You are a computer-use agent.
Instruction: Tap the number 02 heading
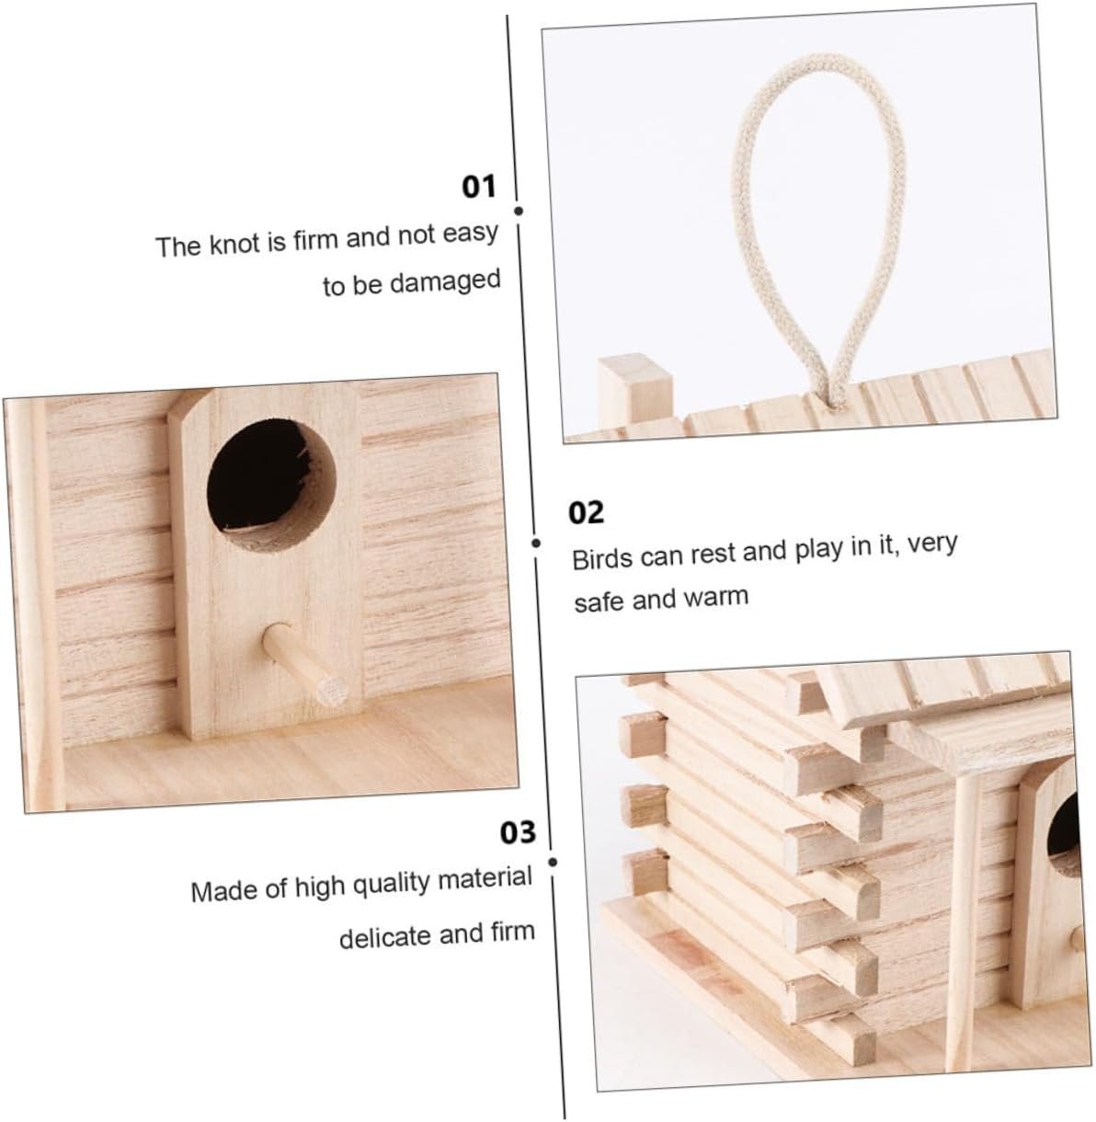586,512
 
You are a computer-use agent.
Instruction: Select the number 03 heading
518,832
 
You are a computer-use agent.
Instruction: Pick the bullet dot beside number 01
519,211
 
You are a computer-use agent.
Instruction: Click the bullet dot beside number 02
536,544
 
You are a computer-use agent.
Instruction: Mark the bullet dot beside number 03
553,862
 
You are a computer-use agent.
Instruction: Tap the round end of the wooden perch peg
332,690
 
